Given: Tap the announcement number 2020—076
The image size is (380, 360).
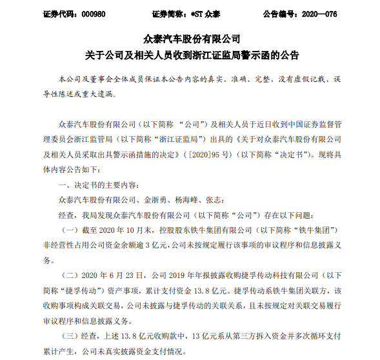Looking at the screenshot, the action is point(339,13).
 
